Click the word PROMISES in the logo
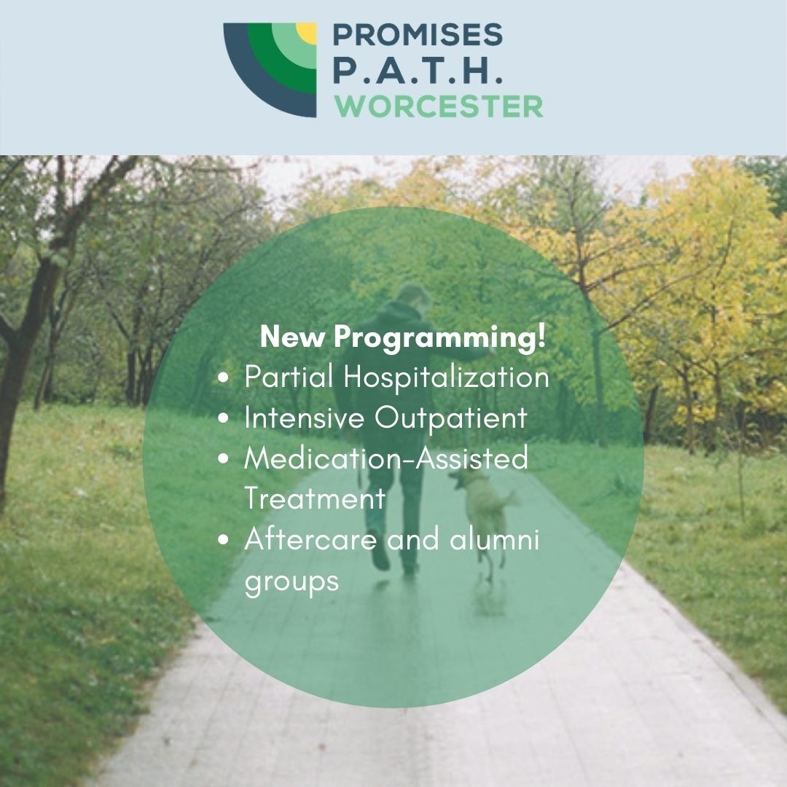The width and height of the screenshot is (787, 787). click(418, 35)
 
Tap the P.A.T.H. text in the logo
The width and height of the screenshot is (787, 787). click(418, 71)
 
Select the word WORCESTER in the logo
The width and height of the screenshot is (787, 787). click(439, 106)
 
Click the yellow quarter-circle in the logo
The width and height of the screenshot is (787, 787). click(307, 33)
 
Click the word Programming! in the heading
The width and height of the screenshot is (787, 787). click(439, 337)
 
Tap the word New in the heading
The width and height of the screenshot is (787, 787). click(292, 337)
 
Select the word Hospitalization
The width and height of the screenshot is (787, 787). click(446, 377)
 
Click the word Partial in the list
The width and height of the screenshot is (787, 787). click(289, 377)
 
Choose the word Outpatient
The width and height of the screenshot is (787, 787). click(451, 418)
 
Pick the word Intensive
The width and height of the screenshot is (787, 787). click(304, 418)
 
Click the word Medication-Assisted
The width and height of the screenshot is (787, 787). click(386, 458)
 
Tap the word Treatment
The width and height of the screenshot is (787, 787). click(315, 498)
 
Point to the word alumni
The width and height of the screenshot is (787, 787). click(494, 539)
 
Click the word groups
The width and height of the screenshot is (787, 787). click(291, 582)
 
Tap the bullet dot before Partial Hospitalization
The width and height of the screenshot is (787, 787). click(224, 377)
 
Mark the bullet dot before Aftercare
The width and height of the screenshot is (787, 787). click(224, 539)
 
